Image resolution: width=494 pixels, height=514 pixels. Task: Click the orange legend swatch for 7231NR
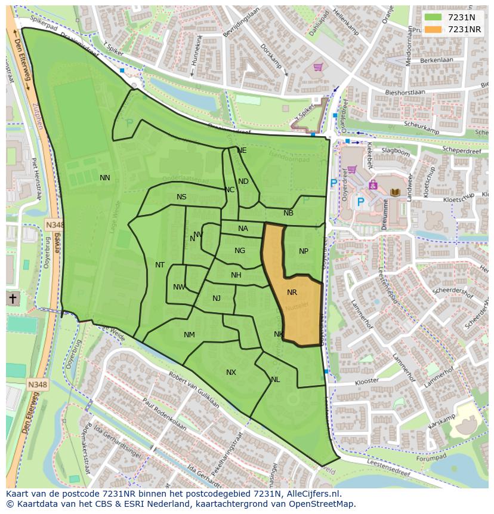[x=433, y=29]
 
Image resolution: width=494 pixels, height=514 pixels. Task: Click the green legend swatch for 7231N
[x=433, y=17]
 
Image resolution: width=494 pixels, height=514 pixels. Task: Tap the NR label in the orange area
[x=292, y=293]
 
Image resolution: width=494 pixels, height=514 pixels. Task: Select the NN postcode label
[x=105, y=178]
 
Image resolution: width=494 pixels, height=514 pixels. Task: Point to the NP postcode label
[x=304, y=251]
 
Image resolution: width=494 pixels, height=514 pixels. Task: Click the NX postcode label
[x=231, y=373]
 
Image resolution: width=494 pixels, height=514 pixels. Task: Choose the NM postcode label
[x=189, y=335]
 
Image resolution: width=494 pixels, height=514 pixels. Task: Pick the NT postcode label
[x=160, y=265]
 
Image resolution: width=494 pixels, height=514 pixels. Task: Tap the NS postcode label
[x=181, y=197]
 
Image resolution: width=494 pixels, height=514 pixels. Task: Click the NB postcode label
[x=288, y=213]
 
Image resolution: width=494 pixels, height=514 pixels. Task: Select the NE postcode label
[x=242, y=150]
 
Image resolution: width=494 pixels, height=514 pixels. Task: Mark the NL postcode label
[x=275, y=380]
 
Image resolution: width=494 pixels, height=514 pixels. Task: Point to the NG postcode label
[x=240, y=251]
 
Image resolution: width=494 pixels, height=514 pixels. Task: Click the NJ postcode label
[x=217, y=298]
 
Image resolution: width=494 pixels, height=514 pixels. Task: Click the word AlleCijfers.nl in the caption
[x=311, y=494]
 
